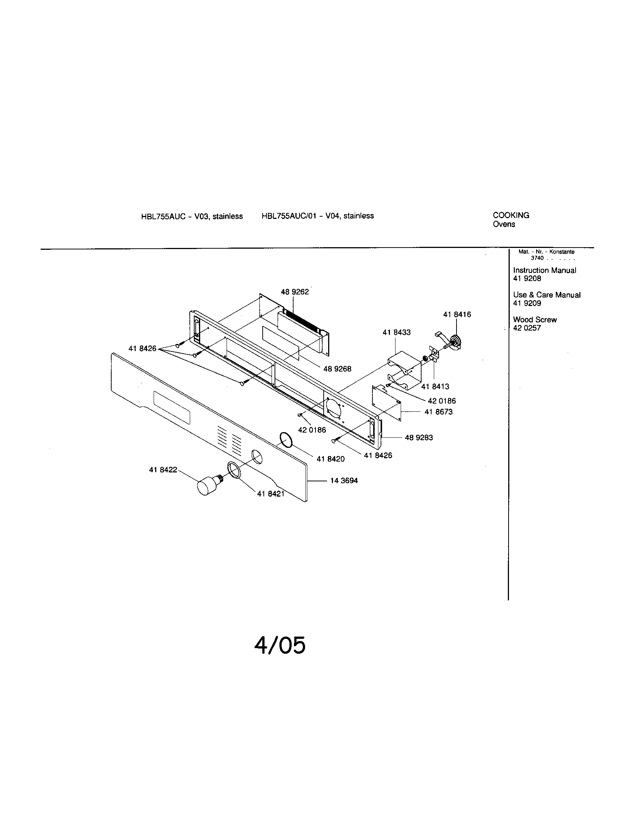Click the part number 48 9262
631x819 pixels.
pos(295,292)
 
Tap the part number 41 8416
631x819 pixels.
pos(457,315)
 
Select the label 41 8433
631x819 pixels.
pos(397,332)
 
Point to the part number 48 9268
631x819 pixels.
pos(337,369)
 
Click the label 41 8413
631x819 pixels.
pos(435,387)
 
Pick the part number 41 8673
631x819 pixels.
pos(438,412)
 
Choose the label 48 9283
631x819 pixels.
pos(419,438)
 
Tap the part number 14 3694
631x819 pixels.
pos(344,481)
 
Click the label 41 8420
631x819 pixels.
pos(330,459)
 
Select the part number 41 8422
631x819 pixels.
pos(163,470)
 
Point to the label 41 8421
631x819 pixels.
pos(270,494)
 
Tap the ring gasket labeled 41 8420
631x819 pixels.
pos(286,440)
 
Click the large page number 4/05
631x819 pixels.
pos(279,646)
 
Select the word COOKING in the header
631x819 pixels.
pos(511,215)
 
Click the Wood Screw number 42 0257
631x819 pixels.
pos(527,328)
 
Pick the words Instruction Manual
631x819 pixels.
pos(544,270)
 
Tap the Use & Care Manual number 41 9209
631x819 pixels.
pos(527,303)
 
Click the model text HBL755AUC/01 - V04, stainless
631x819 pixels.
pos(318,216)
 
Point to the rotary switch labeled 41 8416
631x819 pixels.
pos(455,342)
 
